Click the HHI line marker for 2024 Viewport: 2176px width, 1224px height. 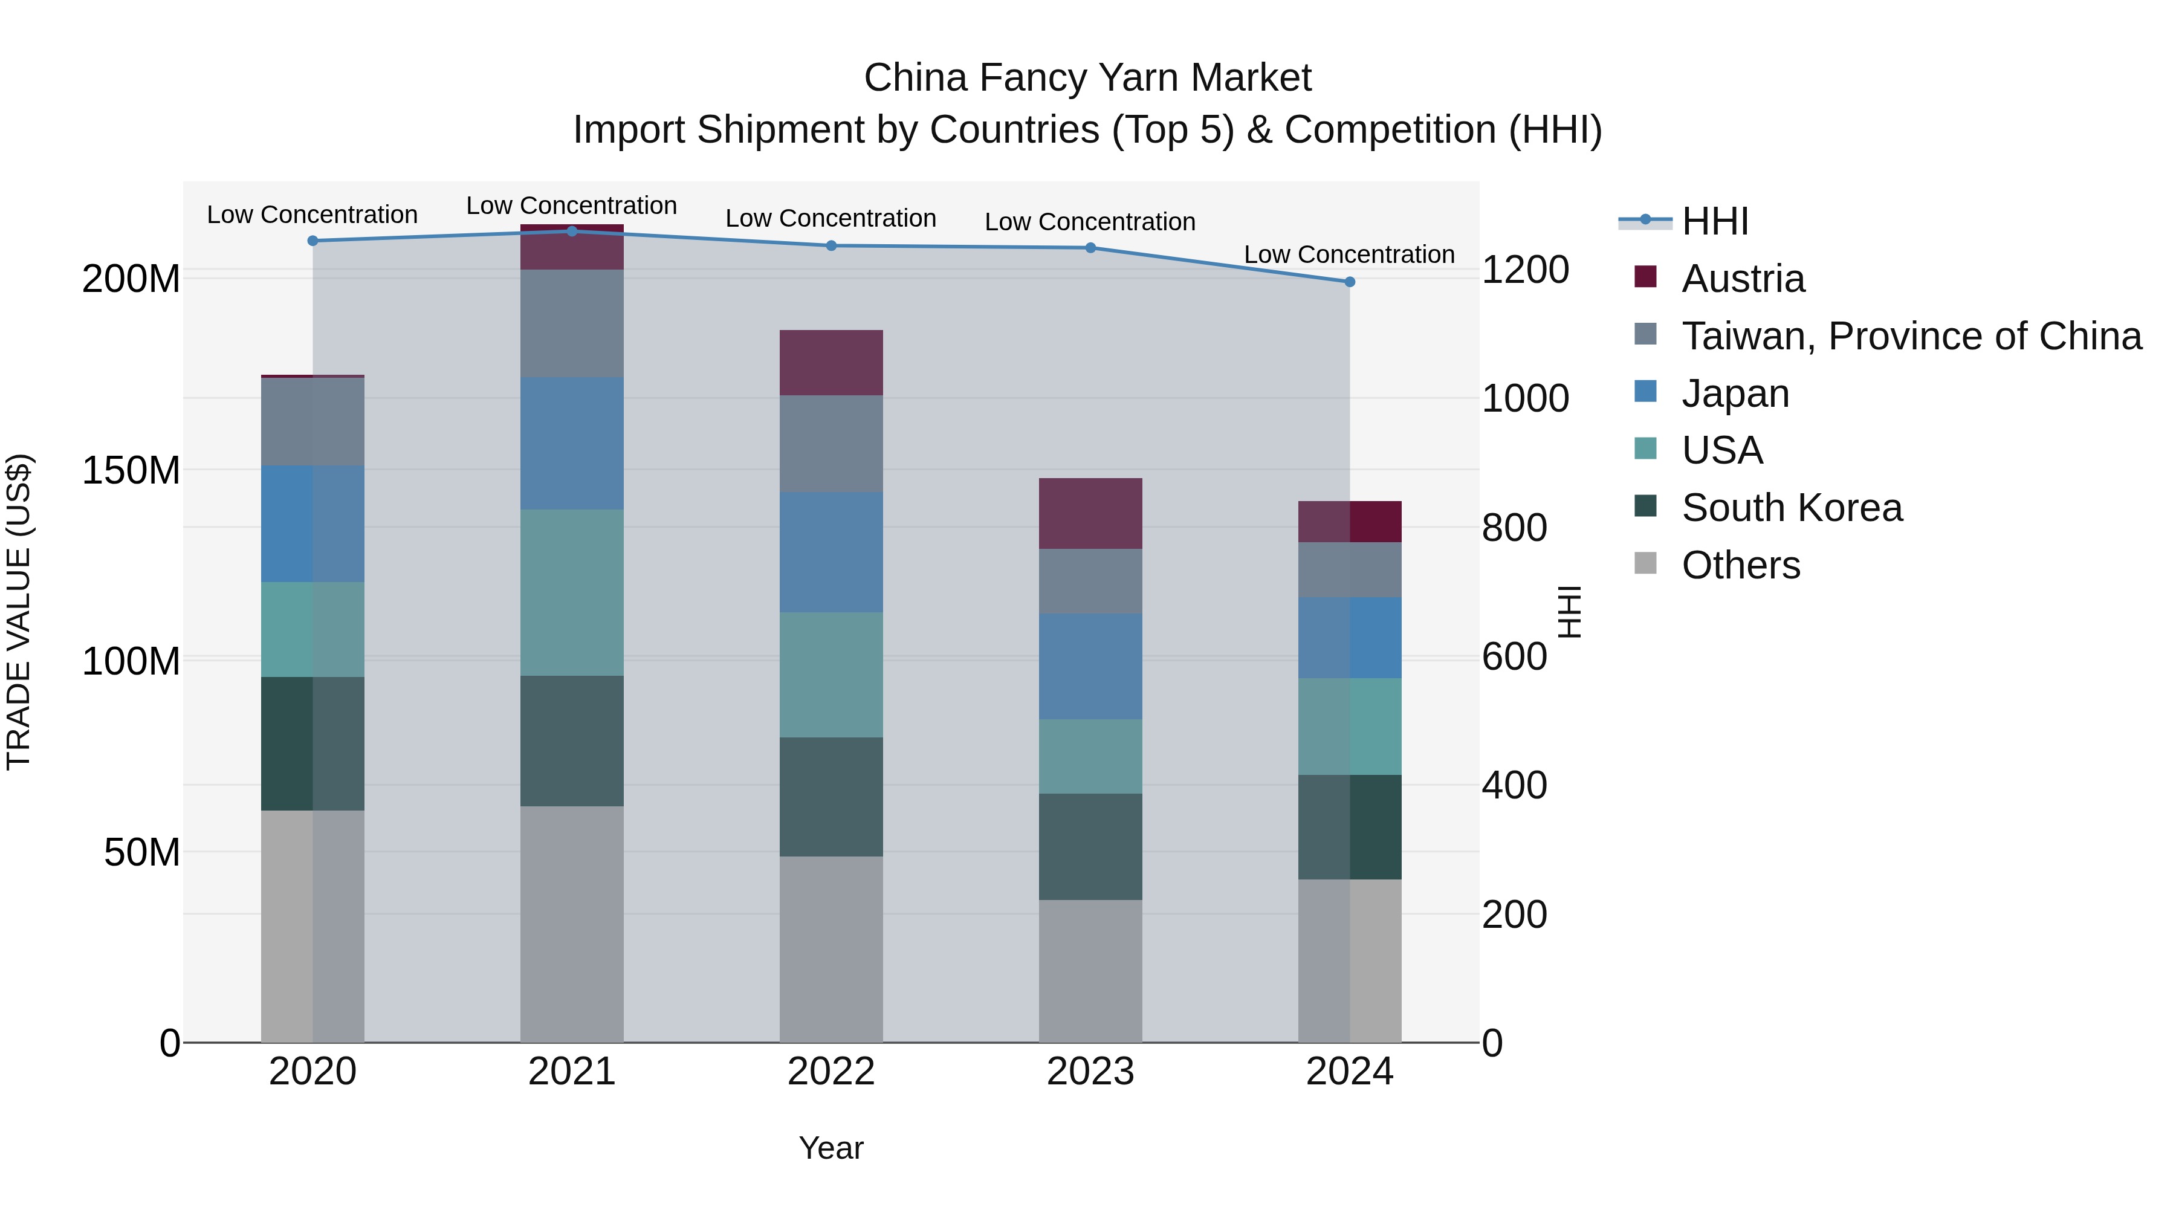tap(1349, 281)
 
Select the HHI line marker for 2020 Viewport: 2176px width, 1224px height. tap(312, 241)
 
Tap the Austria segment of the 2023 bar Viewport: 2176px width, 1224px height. tap(1090, 514)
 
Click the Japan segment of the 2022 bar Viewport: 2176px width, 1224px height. tap(831, 552)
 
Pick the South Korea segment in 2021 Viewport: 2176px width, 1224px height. tap(572, 741)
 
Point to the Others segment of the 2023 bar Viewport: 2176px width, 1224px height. tap(1090, 971)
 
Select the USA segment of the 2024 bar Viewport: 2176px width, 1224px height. tap(1349, 727)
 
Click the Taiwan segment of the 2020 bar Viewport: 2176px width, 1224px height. tap(312, 421)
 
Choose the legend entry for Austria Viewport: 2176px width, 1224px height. tap(1743, 279)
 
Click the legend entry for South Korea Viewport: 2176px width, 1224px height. tap(1791, 508)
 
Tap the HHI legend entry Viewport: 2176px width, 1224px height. tap(1714, 221)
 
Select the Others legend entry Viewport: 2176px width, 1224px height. tap(1740, 565)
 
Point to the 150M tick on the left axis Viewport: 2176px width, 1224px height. tap(131, 470)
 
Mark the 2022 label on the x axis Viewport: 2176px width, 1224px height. tap(831, 1071)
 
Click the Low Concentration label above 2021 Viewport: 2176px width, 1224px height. tap(571, 206)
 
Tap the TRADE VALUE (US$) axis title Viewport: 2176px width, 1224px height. tap(19, 612)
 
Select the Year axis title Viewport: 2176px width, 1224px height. tap(831, 1148)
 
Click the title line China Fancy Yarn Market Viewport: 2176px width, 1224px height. tap(1087, 78)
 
